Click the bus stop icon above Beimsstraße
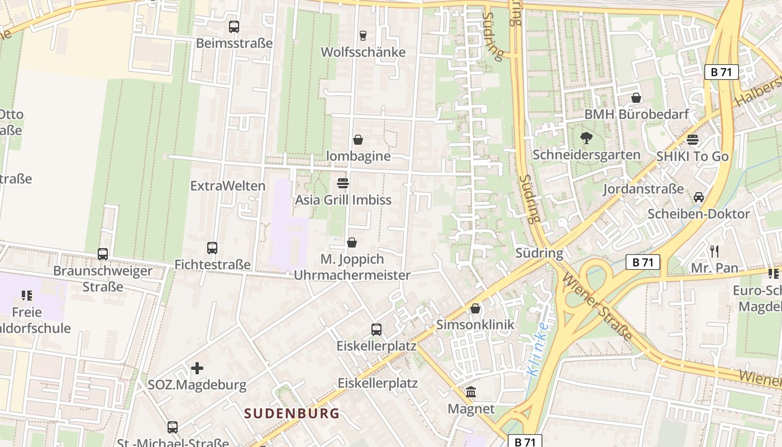pyautogui.click(x=234, y=26)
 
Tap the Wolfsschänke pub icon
pyautogui.click(x=363, y=36)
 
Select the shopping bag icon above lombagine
pyautogui.click(x=358, y=140)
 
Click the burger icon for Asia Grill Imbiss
pyautogui.click(x=343, y=183)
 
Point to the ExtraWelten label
pyautogui.click(x=228, y=186)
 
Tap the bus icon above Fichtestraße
pyautogui.click(x=212, y=248)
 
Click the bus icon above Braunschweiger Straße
pyautogui.click(x=103, y=254)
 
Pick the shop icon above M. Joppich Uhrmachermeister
pyautogui.click(x=352, y=242)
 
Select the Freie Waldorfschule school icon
pyautogui.click(x=27, y=295)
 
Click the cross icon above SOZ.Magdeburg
pyautogui.click(x=197, y=368)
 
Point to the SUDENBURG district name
pyautogui.click(x=292, y=413)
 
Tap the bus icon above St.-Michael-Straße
pyautogui.click(x=173, y=427)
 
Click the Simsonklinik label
pyautogui.click(x=475, y=325)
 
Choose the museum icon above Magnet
pyautogui.click(x=471, y=392)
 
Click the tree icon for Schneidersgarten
pyautogui.click(x=586, y=138)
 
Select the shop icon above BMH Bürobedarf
pyautogui.click(x=636, y=98)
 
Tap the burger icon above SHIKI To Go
pyautogui.click(x=693, y=140)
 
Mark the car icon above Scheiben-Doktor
pyautogui.click(x=699, y=197)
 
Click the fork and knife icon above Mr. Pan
pyautogui.click(x=714, y=251)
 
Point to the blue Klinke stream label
pyautogui.click(x=538, y=349)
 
